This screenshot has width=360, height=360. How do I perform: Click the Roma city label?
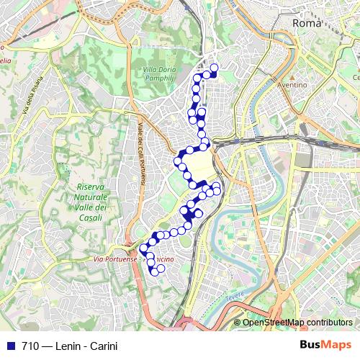click(x=306, y=23)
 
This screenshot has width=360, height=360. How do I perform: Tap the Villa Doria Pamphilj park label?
click(x=150, y=74)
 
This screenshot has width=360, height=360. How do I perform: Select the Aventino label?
click(x=293, y=84)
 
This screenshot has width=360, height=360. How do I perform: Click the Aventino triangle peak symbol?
click(x=292, y=75)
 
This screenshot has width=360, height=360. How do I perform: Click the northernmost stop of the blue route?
click(x=213, y=68)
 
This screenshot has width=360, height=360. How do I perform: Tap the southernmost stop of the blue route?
click(x=153, y=271)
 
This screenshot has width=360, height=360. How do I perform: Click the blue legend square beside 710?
click(x=11, y=346)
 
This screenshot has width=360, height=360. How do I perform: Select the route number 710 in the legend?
click(x=31, y=346)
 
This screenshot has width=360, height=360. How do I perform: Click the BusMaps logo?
click(x=325, y=346)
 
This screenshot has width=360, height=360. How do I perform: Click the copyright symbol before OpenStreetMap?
click(x=237, y=323)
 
